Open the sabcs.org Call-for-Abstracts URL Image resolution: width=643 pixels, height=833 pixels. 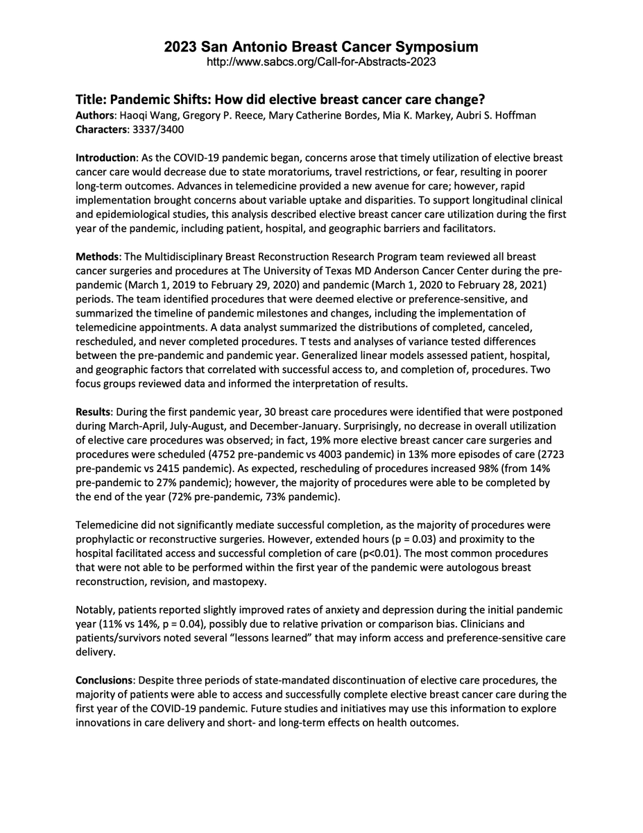coord(321,62)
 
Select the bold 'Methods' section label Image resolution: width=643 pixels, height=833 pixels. coord(97,256)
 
